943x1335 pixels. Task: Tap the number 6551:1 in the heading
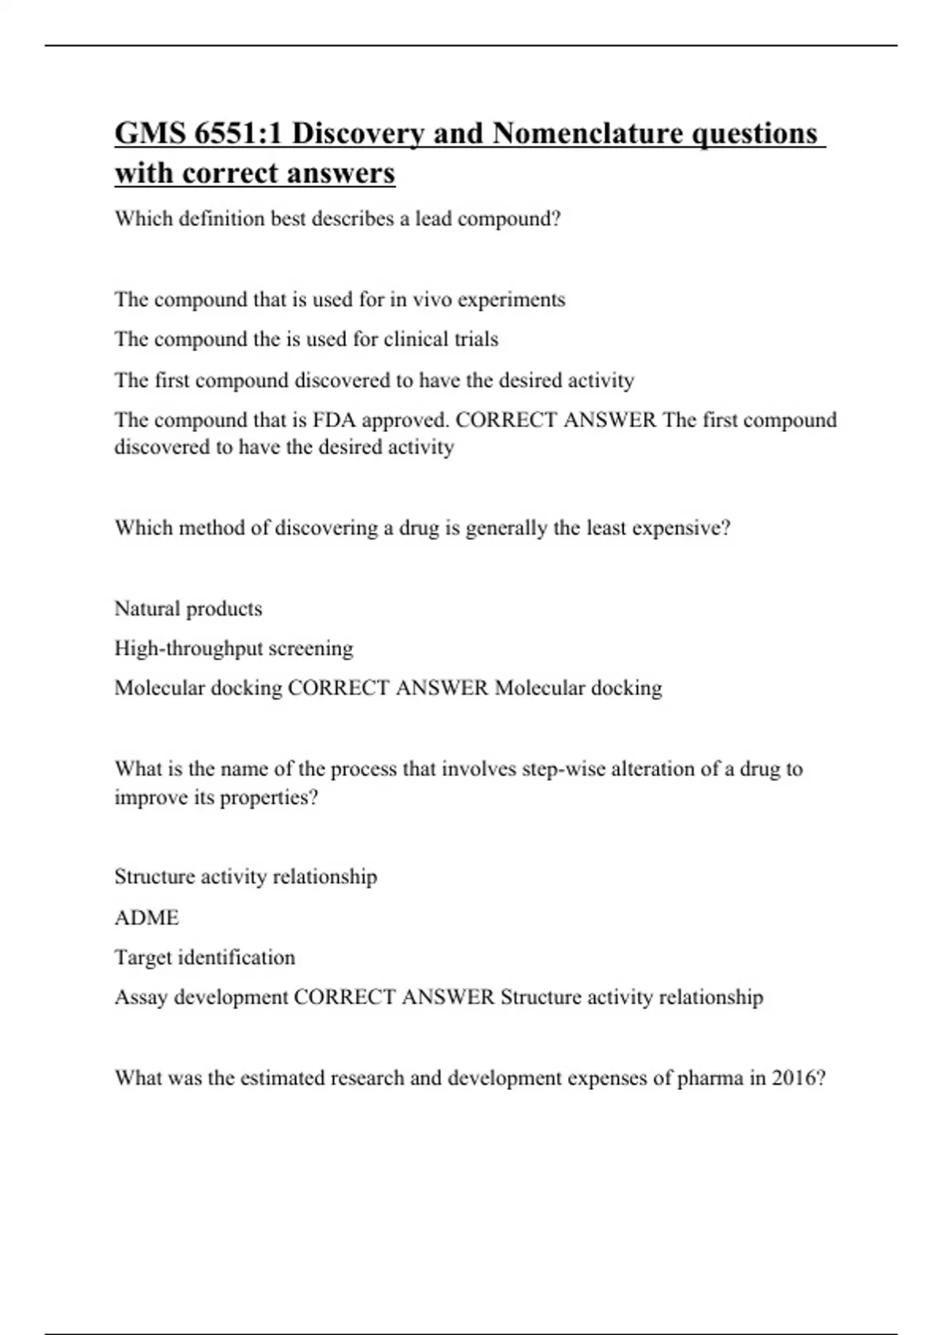pyautogui.click(x=238, y=133)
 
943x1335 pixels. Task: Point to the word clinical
pyautogui.click(x=413, y=339)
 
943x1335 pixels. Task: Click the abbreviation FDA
pyautogui.click(x=334, y=420)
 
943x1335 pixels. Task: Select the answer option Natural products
pyautogui.click(x=189, y=609)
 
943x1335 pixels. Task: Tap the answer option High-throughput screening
pyautogui.click(x=233, y=649)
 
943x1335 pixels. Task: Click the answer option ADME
pyautogui.click(x=147, y=917)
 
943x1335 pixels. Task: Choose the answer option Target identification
pyautogui.click(x=204, y=957)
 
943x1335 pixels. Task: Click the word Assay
pyautogui.click(x=141, y=997)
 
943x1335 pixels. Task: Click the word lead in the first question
pyautogui.click(x=433, y=219)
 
